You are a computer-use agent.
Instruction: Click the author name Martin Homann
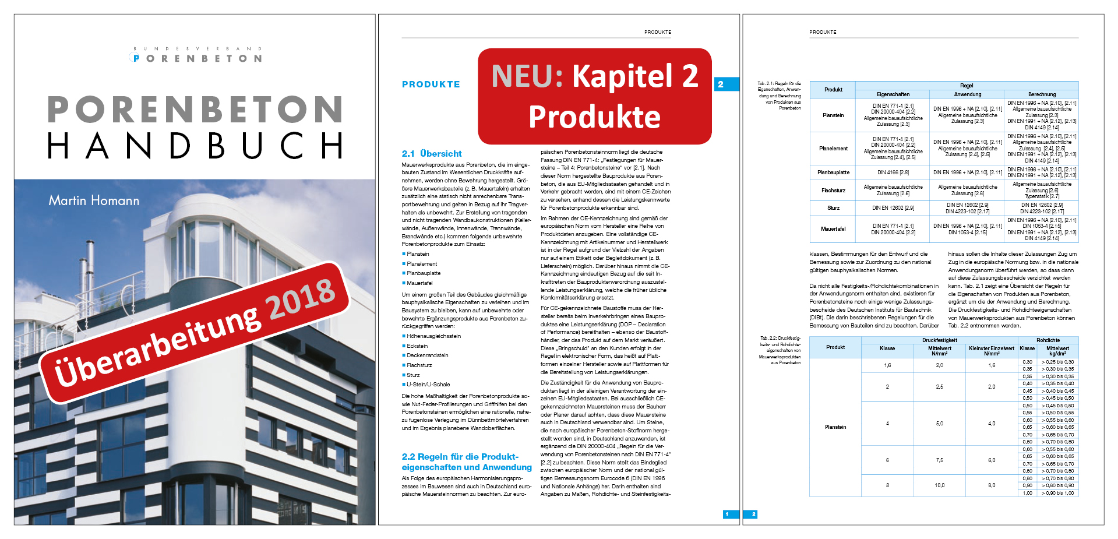point(94,200)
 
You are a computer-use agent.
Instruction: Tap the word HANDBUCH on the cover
point(195,146)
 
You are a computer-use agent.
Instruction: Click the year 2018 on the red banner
point(302,298)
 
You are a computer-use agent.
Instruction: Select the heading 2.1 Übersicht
point(431,154)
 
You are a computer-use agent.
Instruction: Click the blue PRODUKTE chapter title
point(431,84)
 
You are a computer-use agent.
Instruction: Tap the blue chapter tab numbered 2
point(721,84)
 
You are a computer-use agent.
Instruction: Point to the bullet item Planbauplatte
point(424,273)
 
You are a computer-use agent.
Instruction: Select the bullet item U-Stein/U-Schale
point(428,385)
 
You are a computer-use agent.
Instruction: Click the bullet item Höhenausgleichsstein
point(433,336)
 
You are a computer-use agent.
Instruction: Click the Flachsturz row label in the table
point(833,191)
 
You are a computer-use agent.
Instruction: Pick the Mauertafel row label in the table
point(833,229)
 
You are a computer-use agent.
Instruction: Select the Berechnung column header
point(1042,94)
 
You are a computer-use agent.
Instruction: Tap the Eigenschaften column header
point(893,94)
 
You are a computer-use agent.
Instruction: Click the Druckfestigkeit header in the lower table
point(939,340)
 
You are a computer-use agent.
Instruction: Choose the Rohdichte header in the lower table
point(1048,340)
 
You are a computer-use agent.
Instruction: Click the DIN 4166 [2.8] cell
point(893,172)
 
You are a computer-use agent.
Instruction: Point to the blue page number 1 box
point(727,514)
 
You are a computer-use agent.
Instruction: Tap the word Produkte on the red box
point(594,117)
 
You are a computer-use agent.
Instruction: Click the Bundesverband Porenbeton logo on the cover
point(197,55)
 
